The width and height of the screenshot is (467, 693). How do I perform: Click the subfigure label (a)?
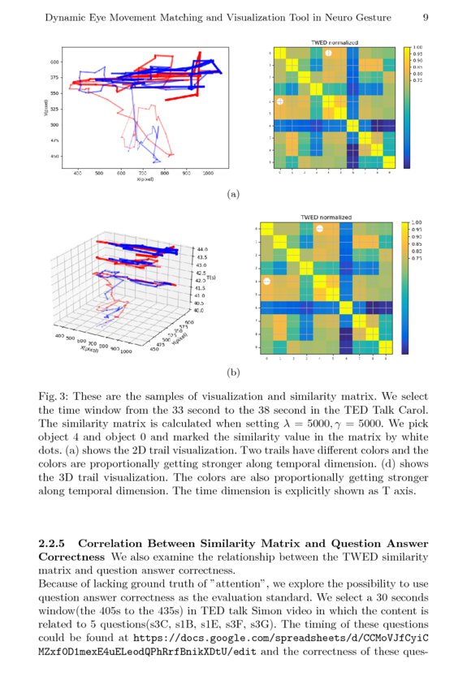coord(234,194)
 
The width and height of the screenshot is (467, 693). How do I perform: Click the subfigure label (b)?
coord(234,372)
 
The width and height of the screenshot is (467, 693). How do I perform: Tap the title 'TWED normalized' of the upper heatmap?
coord(334,42)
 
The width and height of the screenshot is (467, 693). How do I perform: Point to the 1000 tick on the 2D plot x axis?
coord(208,173)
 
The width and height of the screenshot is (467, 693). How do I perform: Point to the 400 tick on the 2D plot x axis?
coord(78,173)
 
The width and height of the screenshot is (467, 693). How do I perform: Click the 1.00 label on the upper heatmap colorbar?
coord(417,49)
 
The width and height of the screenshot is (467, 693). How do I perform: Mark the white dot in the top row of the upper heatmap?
coord(328,54)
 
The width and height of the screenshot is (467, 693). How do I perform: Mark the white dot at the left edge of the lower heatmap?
coord(267,281)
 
